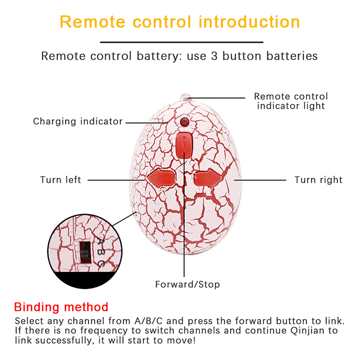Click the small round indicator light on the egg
pos(184,122)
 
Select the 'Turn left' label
pos(61,180)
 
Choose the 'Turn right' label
pos(318,180)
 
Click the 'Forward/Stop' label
pos(188,284)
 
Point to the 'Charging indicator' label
pos(78,121)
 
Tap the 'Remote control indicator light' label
pos(291,101)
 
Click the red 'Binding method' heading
pos(61,307)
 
